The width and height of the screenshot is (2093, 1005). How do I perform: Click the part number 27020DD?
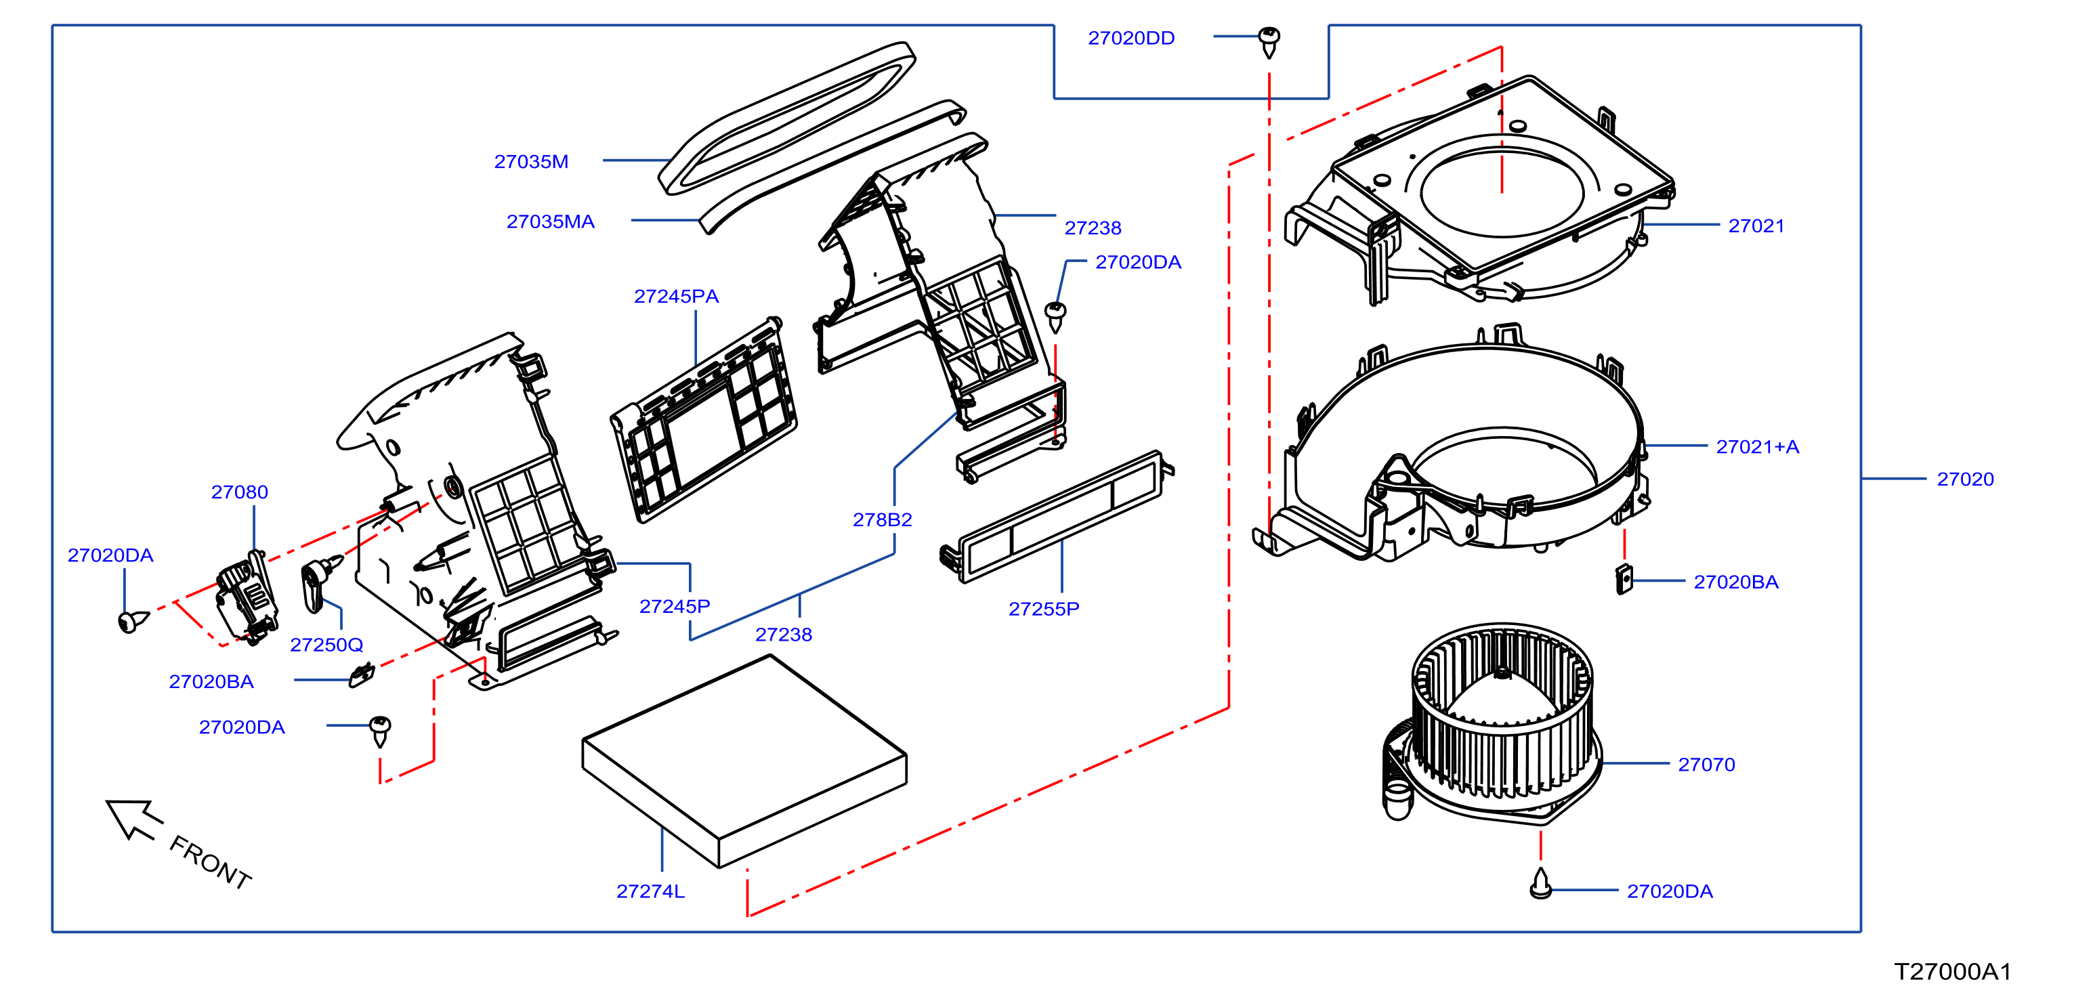1131,38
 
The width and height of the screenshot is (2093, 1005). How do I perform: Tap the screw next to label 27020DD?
1269,42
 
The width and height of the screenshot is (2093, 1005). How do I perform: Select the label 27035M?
531,162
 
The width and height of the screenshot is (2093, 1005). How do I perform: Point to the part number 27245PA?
676,297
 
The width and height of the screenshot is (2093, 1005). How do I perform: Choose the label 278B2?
883,520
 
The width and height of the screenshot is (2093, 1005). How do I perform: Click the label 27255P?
1044,610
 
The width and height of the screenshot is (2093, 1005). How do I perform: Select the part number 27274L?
650,891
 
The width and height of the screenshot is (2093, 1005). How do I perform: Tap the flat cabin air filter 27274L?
744,761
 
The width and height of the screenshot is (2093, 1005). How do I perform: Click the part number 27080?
240,492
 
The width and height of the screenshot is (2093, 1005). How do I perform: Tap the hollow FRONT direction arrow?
134,818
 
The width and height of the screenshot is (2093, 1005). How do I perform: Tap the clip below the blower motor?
1540,884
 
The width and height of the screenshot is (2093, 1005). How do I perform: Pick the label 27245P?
675,607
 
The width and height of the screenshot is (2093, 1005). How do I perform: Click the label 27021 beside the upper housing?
1756,226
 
